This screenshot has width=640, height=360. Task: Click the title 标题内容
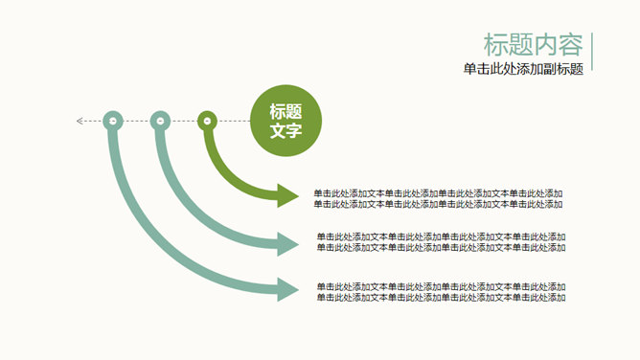click(x=534, y=45)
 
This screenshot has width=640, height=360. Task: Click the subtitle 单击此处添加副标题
click(x=523, y=69)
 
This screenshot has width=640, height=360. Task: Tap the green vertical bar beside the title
click(x=592, y=52)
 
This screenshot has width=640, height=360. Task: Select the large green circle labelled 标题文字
click(x=286, y=121)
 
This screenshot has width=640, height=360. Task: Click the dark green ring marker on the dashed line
click(x=206, y=121)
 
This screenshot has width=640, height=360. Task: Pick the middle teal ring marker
click(x=160, y=121)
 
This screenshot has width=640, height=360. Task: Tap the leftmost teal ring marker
click(x=113, y=121)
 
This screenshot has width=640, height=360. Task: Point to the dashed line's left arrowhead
click(x=80, y=121)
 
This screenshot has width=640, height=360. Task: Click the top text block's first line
click(x=438, y=193)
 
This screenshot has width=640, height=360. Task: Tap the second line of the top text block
click(x=438, y=204)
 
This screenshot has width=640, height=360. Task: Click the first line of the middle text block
click(x=441, y=236)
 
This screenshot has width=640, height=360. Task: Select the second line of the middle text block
click(x=441, y=247)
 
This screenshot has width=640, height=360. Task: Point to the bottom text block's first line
click(x=441, y=286)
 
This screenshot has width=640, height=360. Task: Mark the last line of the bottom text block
click(x=441, y=297)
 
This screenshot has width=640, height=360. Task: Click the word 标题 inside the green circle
click(x=286, y=111)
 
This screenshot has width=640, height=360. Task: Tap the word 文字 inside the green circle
click(x=286, y=131)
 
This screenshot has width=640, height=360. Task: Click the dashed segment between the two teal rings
click(x=136, y=121)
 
